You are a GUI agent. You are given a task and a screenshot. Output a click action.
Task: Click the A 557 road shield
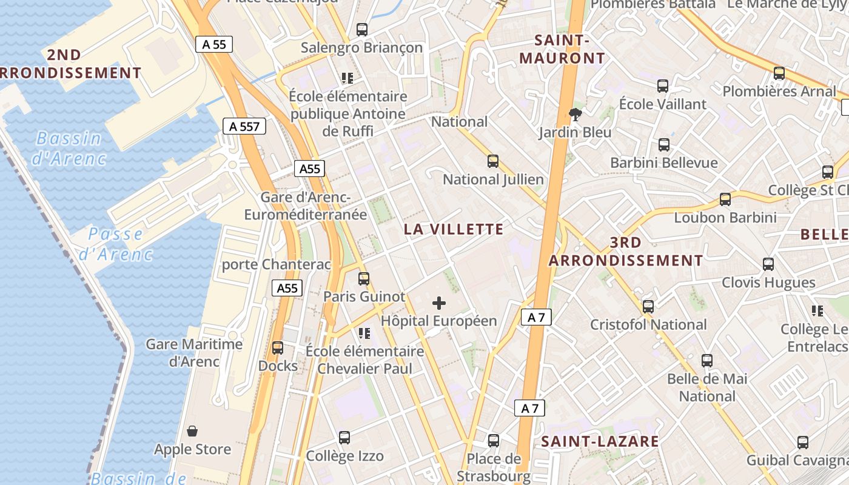[244, 126]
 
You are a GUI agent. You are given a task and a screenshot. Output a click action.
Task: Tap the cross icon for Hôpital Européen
[439, 303]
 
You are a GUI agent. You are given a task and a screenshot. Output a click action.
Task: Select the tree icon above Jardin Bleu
[575, 114]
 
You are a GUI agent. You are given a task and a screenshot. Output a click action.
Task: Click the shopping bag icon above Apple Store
[192, 431]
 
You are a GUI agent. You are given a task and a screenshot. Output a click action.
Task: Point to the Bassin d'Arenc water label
[69, 149]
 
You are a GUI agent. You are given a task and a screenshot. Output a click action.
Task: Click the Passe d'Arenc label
[115, 244]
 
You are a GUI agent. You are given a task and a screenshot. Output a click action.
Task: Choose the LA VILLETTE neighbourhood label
[454, 229]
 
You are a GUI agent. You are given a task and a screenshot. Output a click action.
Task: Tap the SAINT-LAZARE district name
[600, 441]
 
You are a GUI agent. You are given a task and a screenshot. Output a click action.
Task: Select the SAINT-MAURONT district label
[570, 50]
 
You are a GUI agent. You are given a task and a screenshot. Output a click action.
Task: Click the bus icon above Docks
[278, 348]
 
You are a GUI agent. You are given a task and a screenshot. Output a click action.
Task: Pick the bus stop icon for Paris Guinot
[364, 279]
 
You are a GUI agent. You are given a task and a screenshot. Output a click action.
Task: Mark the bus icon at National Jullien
[493, 161]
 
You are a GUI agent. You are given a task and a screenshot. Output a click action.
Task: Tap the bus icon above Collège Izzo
[344, 438]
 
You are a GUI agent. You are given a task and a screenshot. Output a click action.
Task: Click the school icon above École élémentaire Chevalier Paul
[364, 333]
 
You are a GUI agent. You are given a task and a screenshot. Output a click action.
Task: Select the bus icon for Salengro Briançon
[362, 29]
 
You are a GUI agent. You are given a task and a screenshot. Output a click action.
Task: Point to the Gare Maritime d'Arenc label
[194, 353]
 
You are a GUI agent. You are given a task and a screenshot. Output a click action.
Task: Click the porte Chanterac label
[277, 264]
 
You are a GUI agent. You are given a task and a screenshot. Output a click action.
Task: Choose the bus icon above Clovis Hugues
[768, 264]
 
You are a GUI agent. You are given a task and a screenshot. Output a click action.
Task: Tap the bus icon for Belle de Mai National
[707, 361]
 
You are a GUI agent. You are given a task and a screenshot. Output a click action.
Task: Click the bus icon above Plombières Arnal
[779, 73]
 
